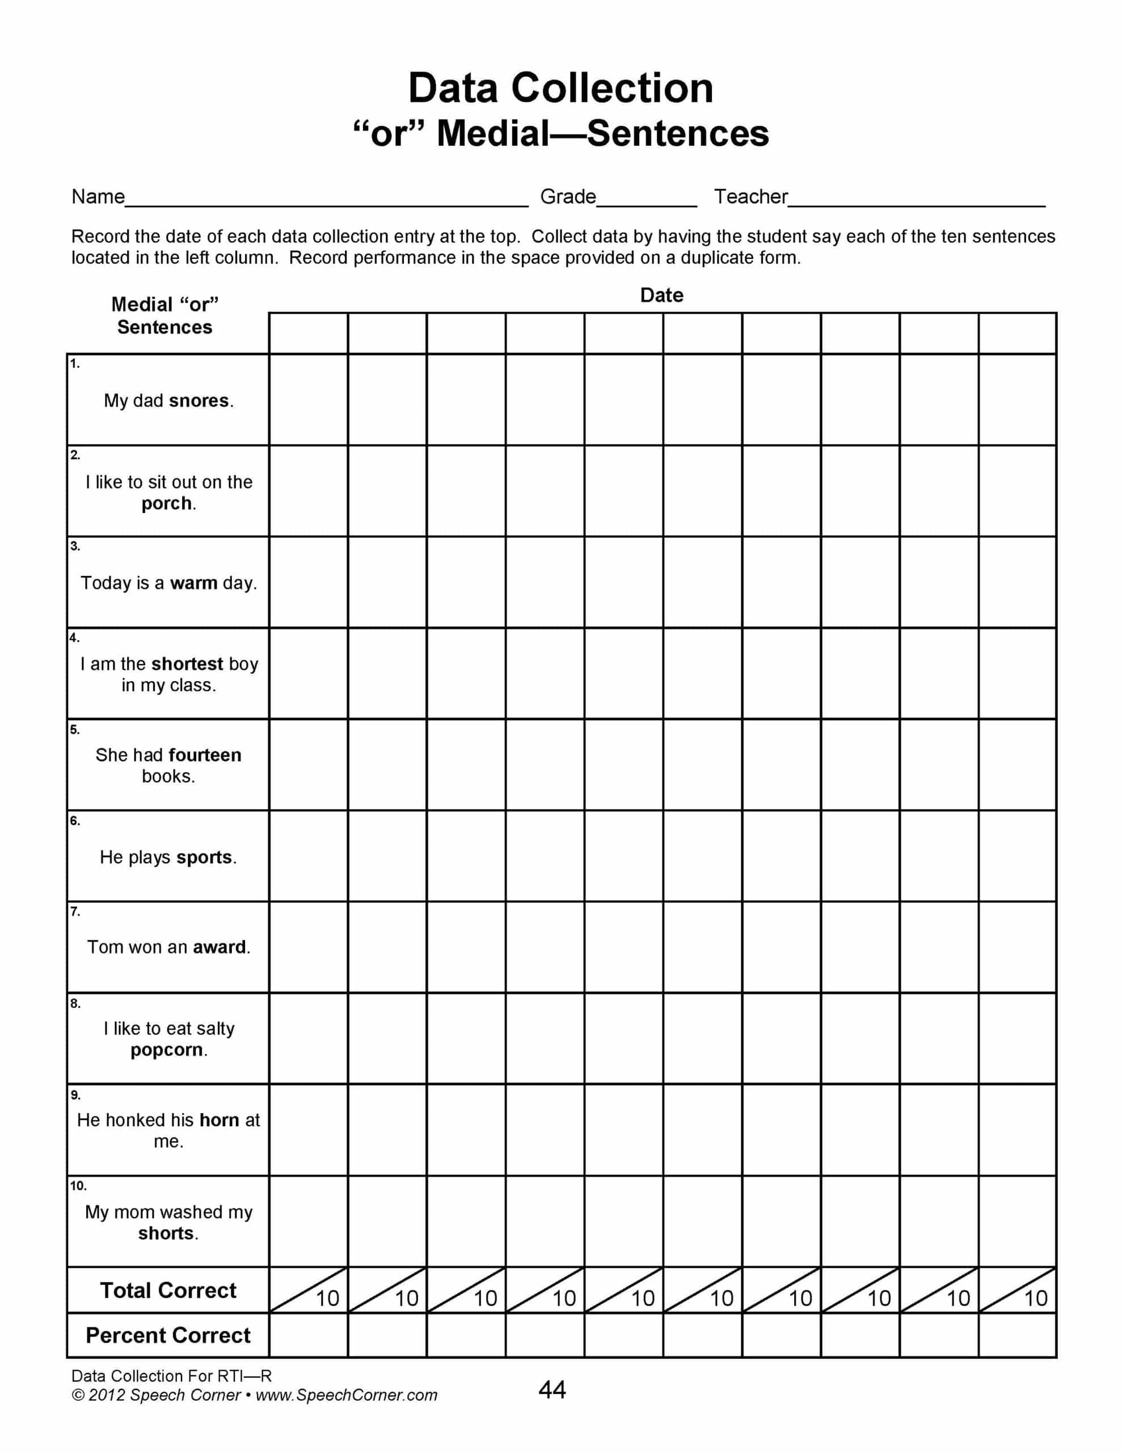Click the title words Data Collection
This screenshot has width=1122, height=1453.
point(560,88)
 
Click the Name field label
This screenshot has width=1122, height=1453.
point(98,197)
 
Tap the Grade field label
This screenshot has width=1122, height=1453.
point(567,197)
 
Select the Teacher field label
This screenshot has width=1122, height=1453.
point(750,197)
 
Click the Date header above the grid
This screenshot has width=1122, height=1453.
point(661,295)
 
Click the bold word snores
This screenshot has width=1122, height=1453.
point(198,401)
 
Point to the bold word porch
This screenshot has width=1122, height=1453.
point(166,503)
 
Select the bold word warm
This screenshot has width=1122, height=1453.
point(193,583)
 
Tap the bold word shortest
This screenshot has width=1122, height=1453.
point(187,664)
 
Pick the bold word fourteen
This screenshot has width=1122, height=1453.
point(205,755)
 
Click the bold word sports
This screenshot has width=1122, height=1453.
point(204,857)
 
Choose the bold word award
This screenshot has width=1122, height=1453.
point(219,947)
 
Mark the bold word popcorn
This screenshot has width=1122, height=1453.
point(166,1050)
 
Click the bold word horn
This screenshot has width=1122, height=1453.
point(219,1120)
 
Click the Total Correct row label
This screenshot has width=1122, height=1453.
point(168,1290)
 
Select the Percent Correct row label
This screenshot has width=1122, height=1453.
point(168,1336)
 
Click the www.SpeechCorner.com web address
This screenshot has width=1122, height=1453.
point(347,1395)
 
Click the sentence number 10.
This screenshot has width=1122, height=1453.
point(78,1186)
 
